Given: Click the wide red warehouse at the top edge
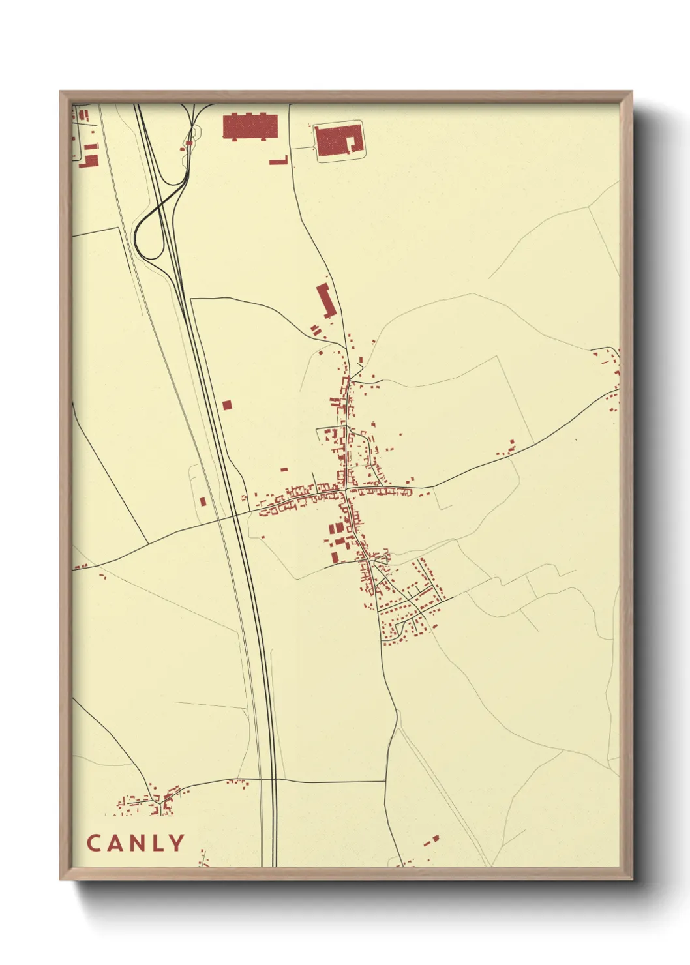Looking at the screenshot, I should click(x=250, y=126).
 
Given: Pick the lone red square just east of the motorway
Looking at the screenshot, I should click(x=226, y=405).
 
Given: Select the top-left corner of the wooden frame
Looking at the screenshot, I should click(x=61, y=93).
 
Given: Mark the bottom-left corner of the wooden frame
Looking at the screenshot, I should click(x=61, y=878).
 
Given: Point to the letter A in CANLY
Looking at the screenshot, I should click(x=113, y=843).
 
